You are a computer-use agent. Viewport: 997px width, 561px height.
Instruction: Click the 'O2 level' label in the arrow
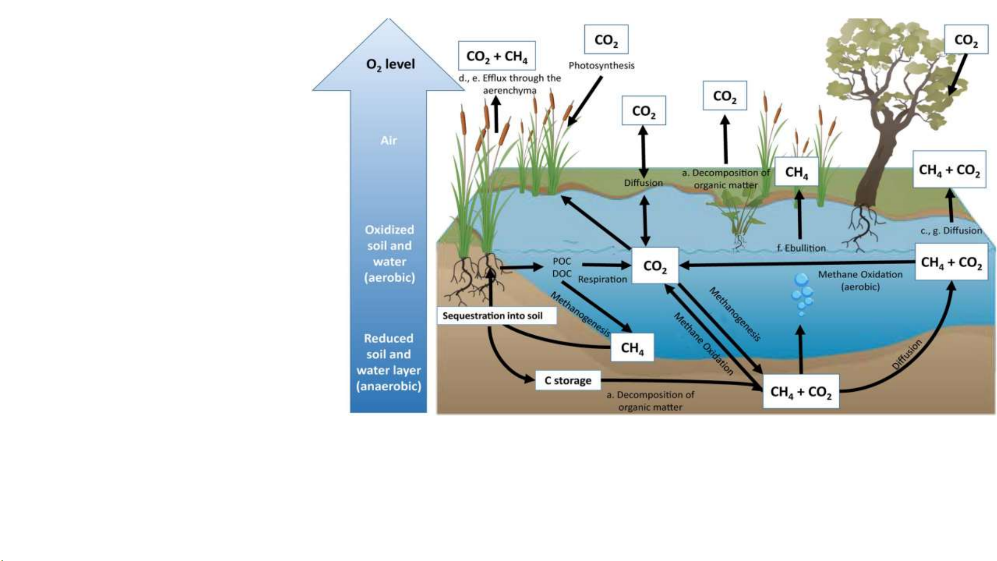(390, 64)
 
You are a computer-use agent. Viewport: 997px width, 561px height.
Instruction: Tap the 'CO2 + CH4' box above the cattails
(497, 56)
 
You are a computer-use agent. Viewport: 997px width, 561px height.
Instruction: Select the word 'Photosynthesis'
(602, 65)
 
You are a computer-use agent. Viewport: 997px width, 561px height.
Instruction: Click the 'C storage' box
(568, 380)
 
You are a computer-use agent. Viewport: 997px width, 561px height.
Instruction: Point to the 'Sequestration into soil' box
(493, 316)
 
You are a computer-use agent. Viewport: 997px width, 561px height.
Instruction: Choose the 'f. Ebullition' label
(801, 248)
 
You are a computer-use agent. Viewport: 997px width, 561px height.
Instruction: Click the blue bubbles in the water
(802, 294)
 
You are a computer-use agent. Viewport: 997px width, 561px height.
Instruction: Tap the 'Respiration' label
(602, 279)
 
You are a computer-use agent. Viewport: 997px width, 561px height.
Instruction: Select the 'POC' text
(562, 261)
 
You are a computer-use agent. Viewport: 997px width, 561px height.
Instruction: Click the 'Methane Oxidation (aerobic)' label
(860, 280)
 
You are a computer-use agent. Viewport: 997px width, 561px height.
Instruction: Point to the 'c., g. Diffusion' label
(951, 230)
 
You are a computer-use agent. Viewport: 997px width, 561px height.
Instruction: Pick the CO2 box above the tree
(966, 39)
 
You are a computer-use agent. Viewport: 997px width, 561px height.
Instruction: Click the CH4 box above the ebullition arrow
(796, 172)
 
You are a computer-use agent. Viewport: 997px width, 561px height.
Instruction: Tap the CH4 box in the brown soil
(632, 347)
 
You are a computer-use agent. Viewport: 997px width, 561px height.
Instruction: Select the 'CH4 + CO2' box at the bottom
(800, 391)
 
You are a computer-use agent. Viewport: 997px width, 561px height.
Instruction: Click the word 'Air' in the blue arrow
(389, 140)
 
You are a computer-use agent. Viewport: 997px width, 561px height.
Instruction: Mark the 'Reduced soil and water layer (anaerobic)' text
(389, 362)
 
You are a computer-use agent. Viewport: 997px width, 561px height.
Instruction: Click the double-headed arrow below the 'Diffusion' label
(645, 220)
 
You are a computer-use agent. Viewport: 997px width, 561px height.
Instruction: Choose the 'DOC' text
(562, 273)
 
